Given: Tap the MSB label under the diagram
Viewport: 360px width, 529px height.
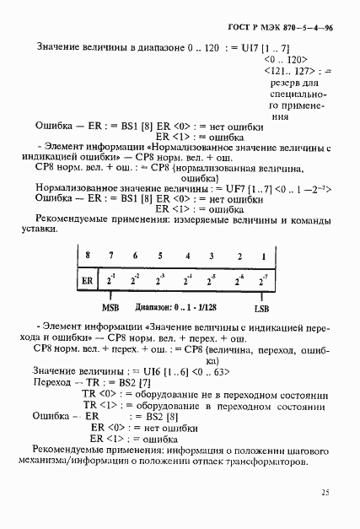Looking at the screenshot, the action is (x=110, y=308).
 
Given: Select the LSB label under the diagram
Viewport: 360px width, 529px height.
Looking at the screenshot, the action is (x=264, y=308).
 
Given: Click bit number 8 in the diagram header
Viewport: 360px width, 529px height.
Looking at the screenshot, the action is (x=85, y=256).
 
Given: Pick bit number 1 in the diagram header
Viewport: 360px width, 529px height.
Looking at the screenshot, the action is (x=264, y=256).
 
